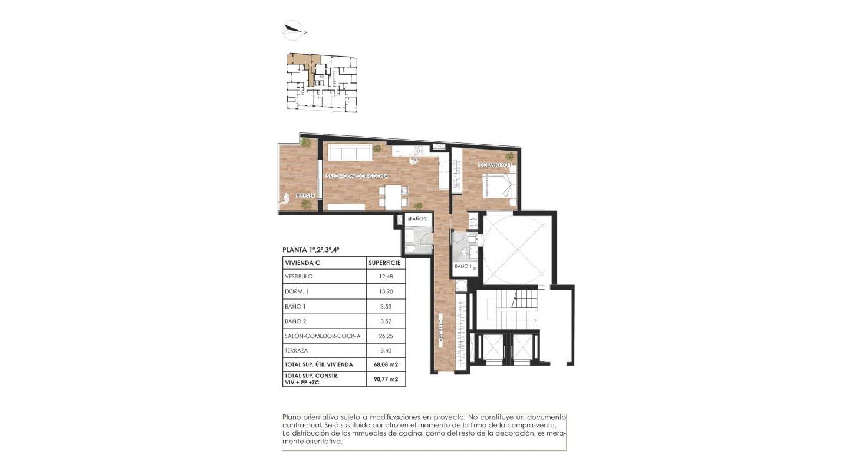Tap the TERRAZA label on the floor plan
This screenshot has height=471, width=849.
pos(306,196)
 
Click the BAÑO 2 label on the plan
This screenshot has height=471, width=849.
pos(417,218)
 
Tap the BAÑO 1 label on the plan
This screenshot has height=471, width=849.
pos(463,266)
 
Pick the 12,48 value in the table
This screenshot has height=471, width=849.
pos(384,277)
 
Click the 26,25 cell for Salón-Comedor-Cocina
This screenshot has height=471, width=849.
pos(384,336)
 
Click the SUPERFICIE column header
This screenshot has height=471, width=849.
pos(384,263)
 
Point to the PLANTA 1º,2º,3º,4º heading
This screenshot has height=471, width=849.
pos(311,250)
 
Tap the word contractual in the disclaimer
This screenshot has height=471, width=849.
pos(302,424)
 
